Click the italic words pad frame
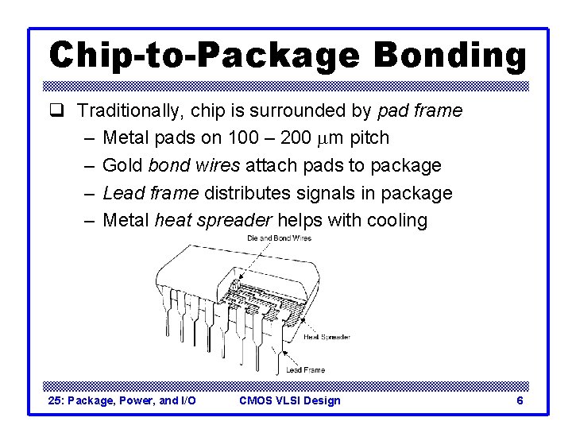[421, 110]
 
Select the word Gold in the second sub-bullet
[123, 165]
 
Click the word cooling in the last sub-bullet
[398, 220]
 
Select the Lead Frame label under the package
[305, 369]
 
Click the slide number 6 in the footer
[520, 400]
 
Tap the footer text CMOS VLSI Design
[289, 400]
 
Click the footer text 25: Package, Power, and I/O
[122, 400]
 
